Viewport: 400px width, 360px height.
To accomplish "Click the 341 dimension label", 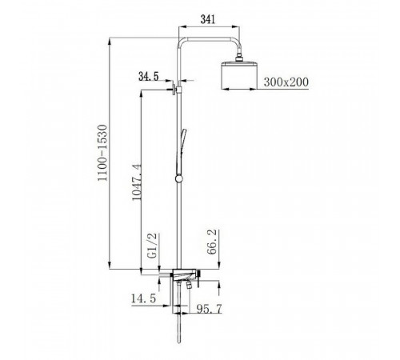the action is click(x=208, y=19).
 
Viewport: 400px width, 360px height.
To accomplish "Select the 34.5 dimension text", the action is click(x=149, y=77).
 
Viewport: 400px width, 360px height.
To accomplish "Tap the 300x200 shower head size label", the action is click(x=286, y=82).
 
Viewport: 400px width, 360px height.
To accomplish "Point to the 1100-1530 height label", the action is click(x=102, y=153).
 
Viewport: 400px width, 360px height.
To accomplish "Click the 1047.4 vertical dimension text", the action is click(x=137, y=182).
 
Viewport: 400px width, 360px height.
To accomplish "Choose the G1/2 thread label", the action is click(x=153, y=246).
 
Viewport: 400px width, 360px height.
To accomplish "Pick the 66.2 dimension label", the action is click(x=212, y=242).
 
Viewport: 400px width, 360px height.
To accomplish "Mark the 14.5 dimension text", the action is click(x=143, y=298).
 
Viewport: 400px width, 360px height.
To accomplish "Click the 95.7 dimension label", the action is click(x=209, y=309).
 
